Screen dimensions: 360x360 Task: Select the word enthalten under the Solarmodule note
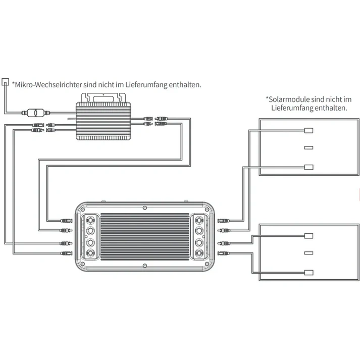click(x=331, y=108)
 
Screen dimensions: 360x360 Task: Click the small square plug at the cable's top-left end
click(x=6, y=81)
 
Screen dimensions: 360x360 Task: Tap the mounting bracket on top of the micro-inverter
click(x=105, y=96)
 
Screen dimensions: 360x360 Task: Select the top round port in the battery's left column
click(x=91, y=221)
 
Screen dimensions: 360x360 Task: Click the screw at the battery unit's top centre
click(x=145, y=208)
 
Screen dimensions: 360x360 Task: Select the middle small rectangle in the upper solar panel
click(x=309, y=148)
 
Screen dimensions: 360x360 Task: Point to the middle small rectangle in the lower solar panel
click(x=309, y=253)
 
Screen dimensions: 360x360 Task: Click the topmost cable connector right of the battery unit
click(x=223, y=221)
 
